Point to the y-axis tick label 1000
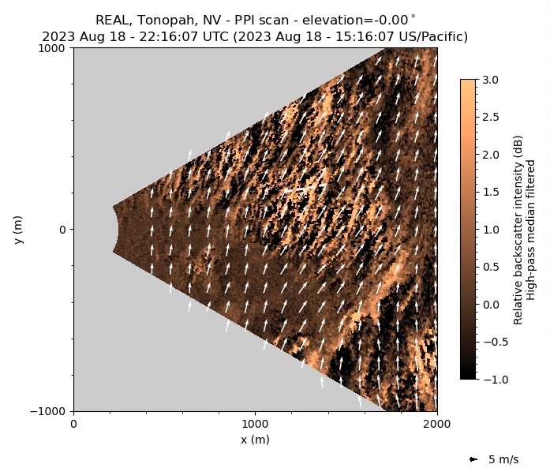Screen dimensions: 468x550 [x=55, y=48]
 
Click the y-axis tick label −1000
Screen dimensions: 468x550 [x=51, y=411]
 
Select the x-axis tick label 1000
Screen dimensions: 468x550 [x=255, y=425]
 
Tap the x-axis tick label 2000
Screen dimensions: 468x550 [x=437, y=425]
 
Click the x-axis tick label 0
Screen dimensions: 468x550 [x=74, y=425]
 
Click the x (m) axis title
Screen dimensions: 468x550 [x=255, y=440]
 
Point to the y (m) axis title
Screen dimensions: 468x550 [x=20, y=229]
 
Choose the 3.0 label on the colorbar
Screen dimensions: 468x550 [x=490, y=80]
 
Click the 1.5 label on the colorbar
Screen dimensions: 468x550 [x=490, y=192]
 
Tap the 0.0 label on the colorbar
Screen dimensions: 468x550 [x=490, y=305]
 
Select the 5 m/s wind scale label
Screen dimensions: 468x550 [x=503, y=459]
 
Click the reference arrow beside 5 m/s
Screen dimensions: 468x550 [x=473, y=459]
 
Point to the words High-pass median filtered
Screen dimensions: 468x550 [x=531, y=229]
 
